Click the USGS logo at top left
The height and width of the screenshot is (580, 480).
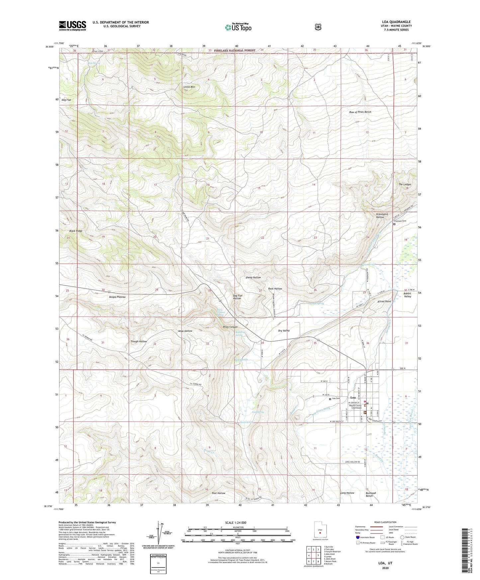72,26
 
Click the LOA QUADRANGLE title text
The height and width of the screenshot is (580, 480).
397,22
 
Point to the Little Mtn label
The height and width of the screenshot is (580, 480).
189,87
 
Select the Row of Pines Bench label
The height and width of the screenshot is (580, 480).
360,112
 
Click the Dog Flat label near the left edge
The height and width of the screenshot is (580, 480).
66,100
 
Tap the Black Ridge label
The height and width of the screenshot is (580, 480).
76,231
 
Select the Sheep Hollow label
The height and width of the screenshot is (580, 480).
253,277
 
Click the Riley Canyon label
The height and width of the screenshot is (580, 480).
230,327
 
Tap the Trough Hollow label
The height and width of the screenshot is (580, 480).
139,341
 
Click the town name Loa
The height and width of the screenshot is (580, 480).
353,398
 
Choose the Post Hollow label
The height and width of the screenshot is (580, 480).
219,493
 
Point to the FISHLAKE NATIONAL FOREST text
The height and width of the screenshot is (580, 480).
235,50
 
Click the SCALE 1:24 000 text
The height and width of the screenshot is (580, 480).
236,523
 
